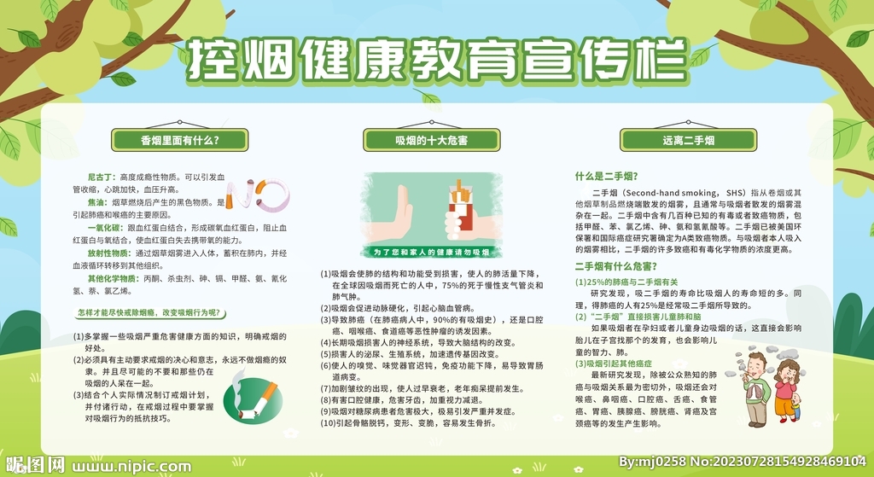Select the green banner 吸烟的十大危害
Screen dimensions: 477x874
coord(431,140)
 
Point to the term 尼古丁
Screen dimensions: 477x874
coord(102,176)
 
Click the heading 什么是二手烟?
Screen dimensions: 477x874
coord(605,176)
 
